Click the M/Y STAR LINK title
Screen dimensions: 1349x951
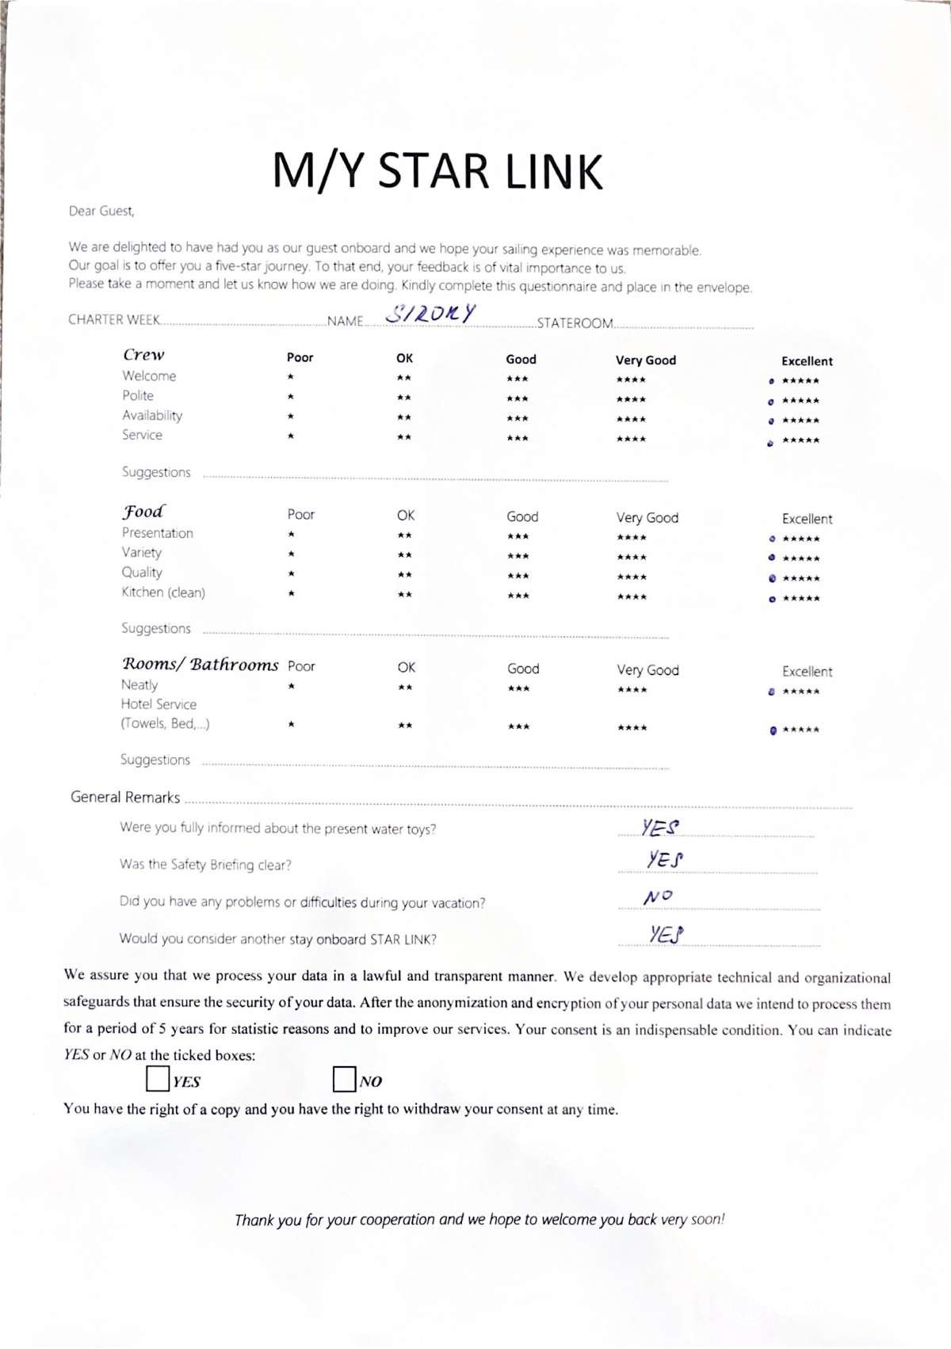pyautogui.click(x=437, y=171)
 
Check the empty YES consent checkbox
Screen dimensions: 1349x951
pyautogui.click(x=158, y=1079)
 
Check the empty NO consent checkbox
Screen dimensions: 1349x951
pyautogui.click(x=344, y=1079)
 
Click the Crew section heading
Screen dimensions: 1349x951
pyautogui.click(x=143, y=355)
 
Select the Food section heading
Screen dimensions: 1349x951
pyautogui.click(x=143, y=512)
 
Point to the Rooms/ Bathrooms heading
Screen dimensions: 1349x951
pyautogui.click(x=200, y=665)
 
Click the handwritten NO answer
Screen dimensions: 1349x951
pyautogui.click(x=658, y=897)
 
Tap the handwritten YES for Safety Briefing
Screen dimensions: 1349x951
pyautogui.click(x=665, y=859)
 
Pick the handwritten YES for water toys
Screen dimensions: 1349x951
pyautogui.click(x=660, y=828)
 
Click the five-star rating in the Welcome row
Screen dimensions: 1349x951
pyautogui.click(x=800, y=381)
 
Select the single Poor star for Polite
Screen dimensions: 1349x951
pyautogui.click(x=291, y=397)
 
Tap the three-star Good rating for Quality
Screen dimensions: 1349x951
pyautogui.click(x=518, y=576)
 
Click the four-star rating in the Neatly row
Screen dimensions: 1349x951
pyautogui.click(x=632, y=690)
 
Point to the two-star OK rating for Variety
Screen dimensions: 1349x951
pyautogui.click(x=404, y=555)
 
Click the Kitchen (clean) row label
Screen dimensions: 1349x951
pyautogui.click(x=163, y=593)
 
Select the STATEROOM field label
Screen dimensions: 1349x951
pyautogui.click(x=575, y=323)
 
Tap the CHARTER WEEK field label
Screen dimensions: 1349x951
pyautogui.click(x=114, y=320)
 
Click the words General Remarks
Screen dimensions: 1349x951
pyautogui.click(x=125, y=798)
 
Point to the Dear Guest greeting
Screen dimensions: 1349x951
pyautogui.click(x=101, y=211)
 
